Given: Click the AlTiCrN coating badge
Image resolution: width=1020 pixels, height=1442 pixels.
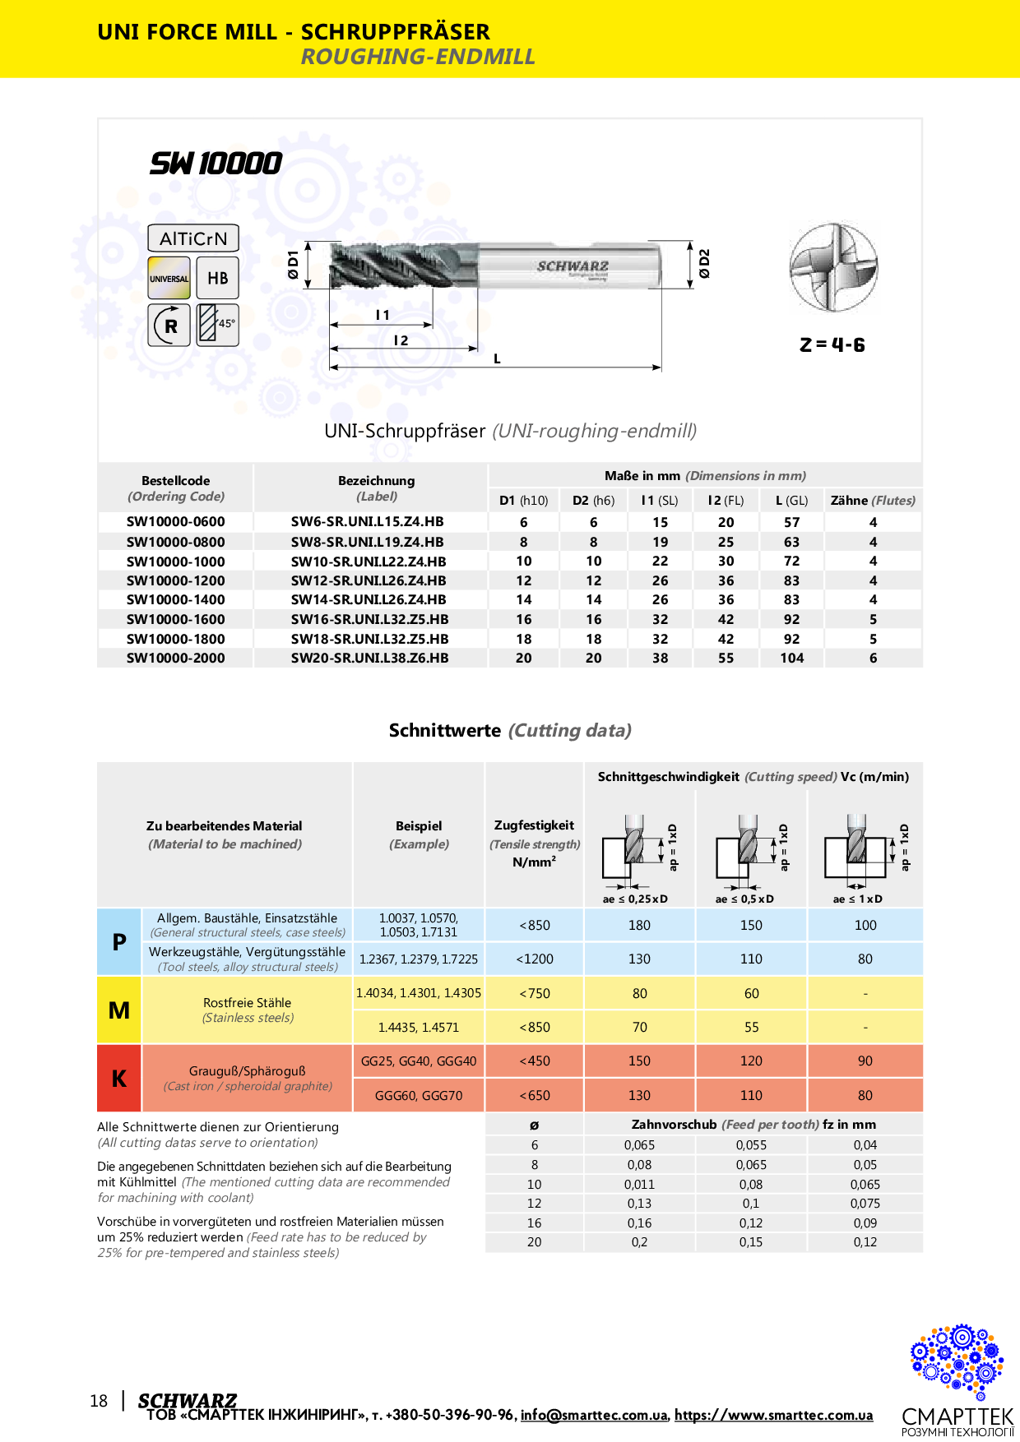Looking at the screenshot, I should [193, 238].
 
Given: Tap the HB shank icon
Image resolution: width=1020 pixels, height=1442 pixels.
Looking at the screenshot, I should [218, 278].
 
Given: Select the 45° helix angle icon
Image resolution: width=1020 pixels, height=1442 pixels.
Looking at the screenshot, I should [218, 324].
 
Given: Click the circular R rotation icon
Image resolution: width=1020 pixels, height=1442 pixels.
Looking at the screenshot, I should [170, 325].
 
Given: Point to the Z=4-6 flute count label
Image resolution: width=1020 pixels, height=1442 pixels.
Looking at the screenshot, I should [832, 344].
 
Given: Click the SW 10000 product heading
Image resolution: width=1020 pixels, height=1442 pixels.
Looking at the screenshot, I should [216, 164].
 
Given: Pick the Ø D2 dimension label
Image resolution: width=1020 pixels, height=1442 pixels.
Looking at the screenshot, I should [704, 264].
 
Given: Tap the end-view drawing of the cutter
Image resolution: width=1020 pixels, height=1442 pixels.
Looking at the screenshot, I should [833, 267].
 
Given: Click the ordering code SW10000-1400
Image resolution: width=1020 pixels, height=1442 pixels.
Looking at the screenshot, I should [175, 600].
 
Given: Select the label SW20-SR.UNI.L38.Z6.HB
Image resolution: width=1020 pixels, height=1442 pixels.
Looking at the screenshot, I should [369, 659].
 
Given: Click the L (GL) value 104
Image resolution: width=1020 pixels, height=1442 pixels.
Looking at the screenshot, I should [792, 659].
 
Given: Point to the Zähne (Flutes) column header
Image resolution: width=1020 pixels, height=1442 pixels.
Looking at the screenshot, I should [873, 501].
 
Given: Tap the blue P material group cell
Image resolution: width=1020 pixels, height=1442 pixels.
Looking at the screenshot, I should [119, 942].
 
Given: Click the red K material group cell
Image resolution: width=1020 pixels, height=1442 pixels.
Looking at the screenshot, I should [119, 1079].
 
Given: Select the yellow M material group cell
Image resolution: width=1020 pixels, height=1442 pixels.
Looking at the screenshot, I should [119, 1010].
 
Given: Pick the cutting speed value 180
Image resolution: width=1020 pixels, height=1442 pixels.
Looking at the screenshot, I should [639, 926].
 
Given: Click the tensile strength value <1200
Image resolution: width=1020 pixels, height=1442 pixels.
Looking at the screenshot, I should [535, 959].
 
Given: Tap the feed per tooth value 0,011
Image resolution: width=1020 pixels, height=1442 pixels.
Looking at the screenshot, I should [639, 1185].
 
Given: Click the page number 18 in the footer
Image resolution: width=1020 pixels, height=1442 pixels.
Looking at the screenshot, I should [99, 1401].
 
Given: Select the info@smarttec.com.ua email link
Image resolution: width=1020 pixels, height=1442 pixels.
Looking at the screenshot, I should [594, 1415].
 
